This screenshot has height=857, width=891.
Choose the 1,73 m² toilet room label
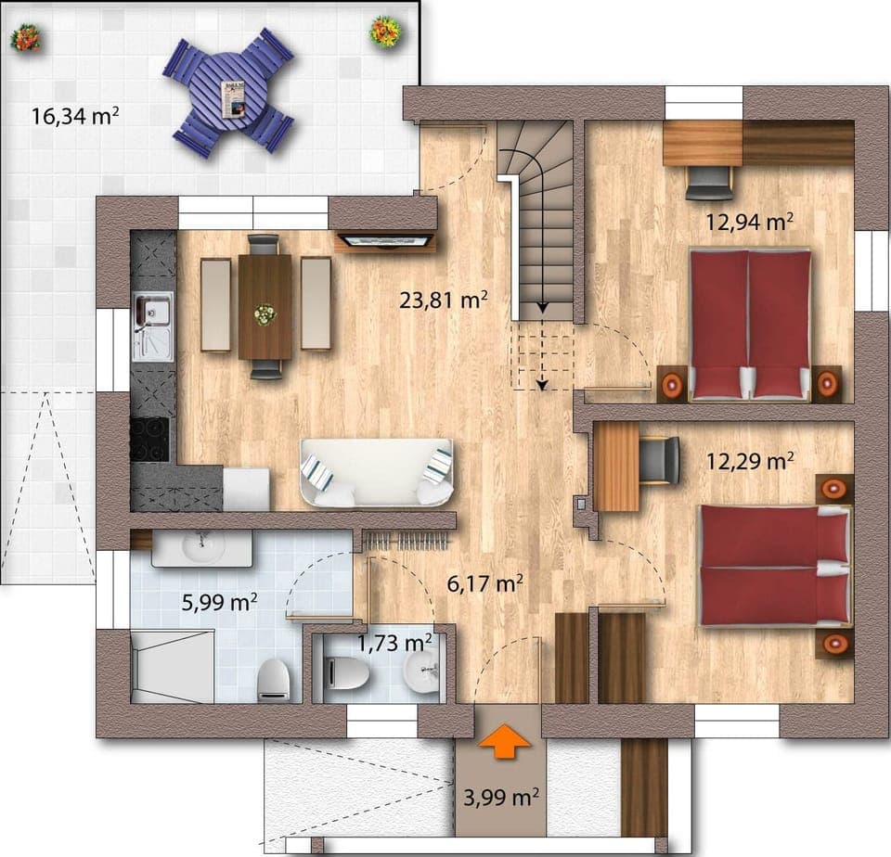(x=394, y=641)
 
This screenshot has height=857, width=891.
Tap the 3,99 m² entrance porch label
(x=500, y=797)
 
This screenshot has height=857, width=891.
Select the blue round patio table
(x=228, y=92)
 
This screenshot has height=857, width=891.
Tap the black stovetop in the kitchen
(x=149, y=439)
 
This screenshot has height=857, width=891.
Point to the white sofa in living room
(x=376, y=473)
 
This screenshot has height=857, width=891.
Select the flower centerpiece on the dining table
(x=265, y=314)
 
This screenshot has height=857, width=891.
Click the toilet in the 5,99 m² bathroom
(x=273, y=680)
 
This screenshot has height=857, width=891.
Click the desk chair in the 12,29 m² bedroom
(x=660, y=460)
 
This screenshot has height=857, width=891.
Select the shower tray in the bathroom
(x=172, y=665)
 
